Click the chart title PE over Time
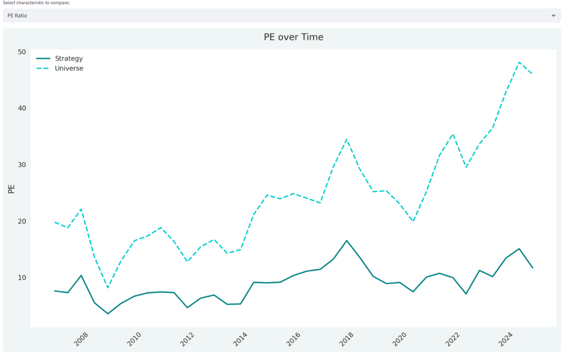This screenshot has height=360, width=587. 293,37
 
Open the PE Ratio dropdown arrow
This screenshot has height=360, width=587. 553,16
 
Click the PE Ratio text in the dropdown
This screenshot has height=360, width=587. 17,16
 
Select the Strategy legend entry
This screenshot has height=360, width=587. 69,58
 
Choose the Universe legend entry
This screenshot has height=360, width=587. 69,68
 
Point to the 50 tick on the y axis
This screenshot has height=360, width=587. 22,52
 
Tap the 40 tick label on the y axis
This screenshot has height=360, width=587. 22,108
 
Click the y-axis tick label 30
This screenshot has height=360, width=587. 22,164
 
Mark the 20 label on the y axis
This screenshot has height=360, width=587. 22,221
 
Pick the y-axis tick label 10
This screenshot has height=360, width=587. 22,277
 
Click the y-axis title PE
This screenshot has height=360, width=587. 12,189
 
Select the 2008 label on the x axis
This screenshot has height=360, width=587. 81,339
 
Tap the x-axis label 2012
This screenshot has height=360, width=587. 187,339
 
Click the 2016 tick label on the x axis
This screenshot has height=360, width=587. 293,339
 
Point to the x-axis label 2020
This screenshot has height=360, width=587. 399,339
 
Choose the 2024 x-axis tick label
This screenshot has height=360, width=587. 506,339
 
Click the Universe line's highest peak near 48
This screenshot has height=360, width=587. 519,62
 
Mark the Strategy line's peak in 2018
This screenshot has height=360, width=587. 347,241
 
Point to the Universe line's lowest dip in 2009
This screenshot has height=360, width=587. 108,288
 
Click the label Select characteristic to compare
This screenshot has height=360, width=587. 36,3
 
